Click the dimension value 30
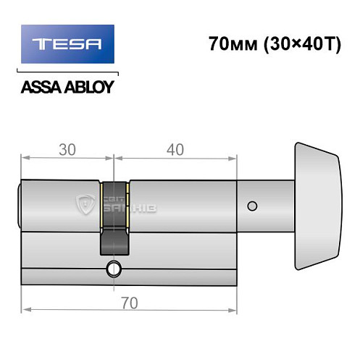pos(68,149)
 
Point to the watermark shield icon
pos(85,206)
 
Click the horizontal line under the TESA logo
pos(65,73)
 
